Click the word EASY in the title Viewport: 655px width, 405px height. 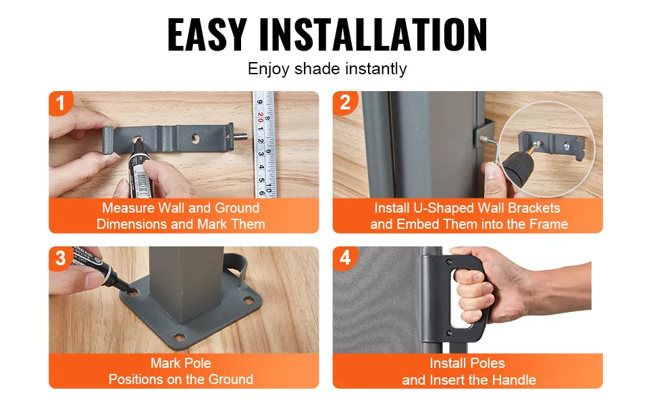pyautogui.click(x=207, y=35)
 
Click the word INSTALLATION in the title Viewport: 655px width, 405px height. pyautogui.click(x=373, y=35)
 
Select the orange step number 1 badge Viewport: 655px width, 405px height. pyautogui.click(x=61, y=103)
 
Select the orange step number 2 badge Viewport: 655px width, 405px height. pyautogui.click(x=345, y=103)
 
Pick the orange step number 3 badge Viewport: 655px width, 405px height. pyautogui.click(x=61, y=258)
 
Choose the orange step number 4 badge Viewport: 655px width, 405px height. pyautogui.click(x=345, y=258)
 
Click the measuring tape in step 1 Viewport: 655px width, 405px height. pyautogui.click(x=264, y=144)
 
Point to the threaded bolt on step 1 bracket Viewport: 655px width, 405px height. pyautogui.click(x=240, y=136)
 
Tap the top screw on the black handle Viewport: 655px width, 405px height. pyautogui.click(x=449, y=262)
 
